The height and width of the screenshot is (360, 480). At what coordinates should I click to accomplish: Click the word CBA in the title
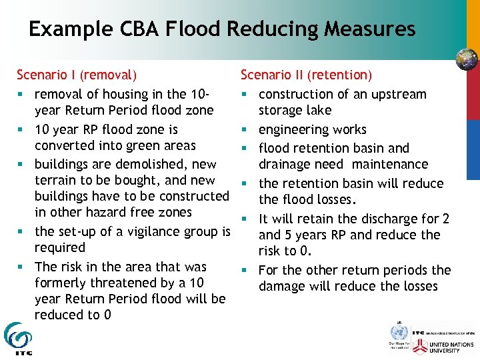[x=133, y=29]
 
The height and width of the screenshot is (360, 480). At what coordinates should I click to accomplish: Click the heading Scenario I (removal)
[x=77, y=75]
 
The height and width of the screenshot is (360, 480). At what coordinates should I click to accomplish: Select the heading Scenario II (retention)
[x=306, y=75]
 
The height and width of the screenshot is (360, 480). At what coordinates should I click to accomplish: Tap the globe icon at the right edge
[x=467, y=59]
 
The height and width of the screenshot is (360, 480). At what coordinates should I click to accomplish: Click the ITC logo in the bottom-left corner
[x=17, y=339]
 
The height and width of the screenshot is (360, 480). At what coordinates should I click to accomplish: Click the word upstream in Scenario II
[x=401, y=94]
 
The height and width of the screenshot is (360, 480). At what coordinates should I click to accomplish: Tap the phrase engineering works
[x=313, y=129]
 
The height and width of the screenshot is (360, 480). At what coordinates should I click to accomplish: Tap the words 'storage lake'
[x=295, y=110]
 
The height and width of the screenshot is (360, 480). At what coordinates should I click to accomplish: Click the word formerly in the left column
[x=61, y=283]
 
